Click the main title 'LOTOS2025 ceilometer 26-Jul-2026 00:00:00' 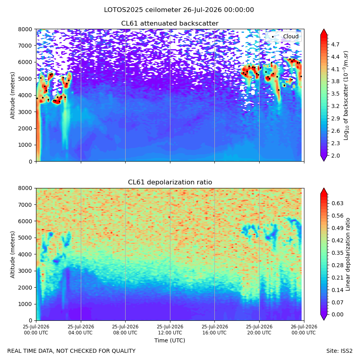pyautogui.click(x=179, y=10)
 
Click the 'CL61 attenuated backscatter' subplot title pyautogui.click(x=170, y=24)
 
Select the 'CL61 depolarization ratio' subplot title pyautogui.click(x=170, y=182)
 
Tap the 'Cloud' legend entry pyautogui.click(x=291, y=36)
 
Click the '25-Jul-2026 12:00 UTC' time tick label pyautogui.click(x=170, y=330)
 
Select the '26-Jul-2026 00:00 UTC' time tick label pyautogui.click(x=304, y=330)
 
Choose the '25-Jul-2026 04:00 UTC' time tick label pyautogui.click(x=81, y=330)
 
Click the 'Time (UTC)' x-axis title pyautogui.click(x=170, y=340)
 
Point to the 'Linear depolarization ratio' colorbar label pyautogui.click(x=348, y=254)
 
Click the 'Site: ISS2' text pyautogui.click(x=339, y=351)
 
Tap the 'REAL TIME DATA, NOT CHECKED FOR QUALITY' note pyautogui.click(x=72, y=351)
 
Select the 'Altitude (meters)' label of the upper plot pyautogui.click(x=12, y=96)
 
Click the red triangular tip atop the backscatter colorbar pyautogui.click(x=324, y=32)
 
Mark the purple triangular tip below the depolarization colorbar pyautogui.click(x=324, y=317)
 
